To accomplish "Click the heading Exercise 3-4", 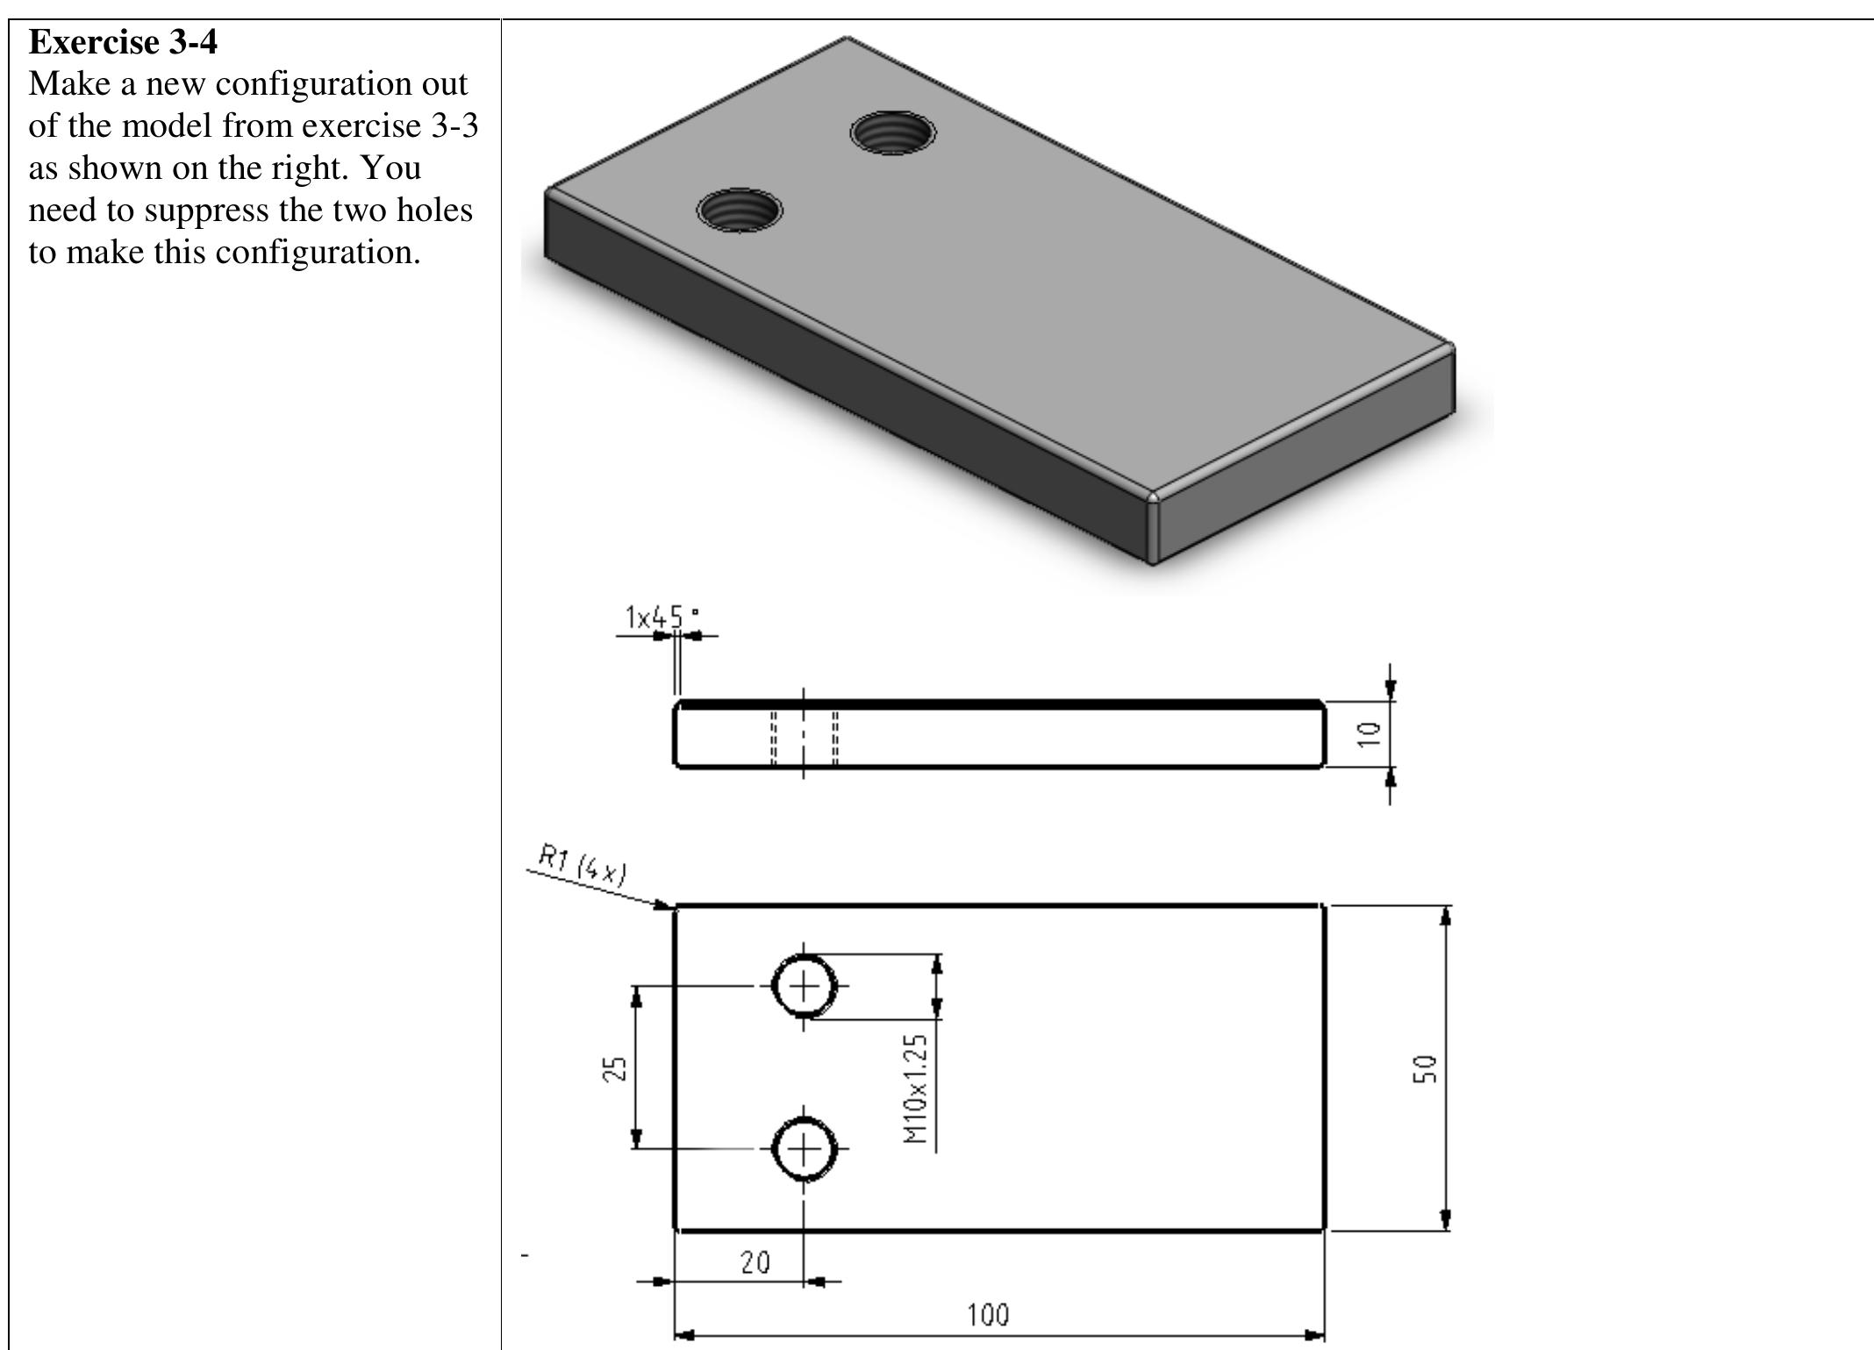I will click(123, 41).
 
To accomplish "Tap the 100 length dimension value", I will click(988, 1315).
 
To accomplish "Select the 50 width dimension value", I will click(1424, 1068).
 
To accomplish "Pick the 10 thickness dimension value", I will click(1369, 733).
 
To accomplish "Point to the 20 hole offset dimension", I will click(755, 1262).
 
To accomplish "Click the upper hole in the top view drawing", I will click(804, 986).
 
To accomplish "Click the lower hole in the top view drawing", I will click(804, 1148).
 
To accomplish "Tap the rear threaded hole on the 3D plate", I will click(893, 133).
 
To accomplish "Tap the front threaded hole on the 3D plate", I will click(740, 211).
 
